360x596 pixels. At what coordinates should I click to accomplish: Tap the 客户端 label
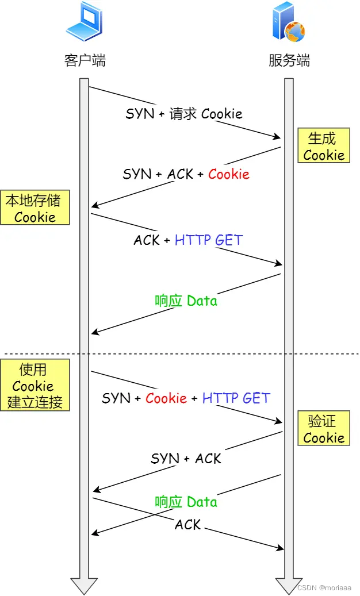85,60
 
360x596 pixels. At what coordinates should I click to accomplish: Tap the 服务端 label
289,60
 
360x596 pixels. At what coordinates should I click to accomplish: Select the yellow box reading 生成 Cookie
323,146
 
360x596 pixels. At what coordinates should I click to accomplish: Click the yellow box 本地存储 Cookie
35,208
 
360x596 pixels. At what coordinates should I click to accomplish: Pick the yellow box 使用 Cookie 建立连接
35,385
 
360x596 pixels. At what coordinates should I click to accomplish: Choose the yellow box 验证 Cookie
323,429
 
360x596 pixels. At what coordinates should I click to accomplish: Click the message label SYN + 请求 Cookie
184,113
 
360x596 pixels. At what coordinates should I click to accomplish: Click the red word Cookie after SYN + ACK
228,174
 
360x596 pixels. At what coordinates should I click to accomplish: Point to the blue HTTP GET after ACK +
209,240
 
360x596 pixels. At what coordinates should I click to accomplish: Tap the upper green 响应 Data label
186,301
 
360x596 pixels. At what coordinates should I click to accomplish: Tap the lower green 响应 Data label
186,502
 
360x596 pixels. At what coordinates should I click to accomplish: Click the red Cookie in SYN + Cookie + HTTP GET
166,398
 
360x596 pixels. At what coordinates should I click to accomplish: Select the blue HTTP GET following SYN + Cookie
236,398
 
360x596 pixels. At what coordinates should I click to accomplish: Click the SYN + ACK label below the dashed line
186,458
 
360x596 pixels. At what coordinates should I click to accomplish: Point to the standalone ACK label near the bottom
187,524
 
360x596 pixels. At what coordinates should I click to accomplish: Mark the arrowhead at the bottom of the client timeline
84,585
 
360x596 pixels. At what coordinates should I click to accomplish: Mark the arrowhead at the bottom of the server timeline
289,585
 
